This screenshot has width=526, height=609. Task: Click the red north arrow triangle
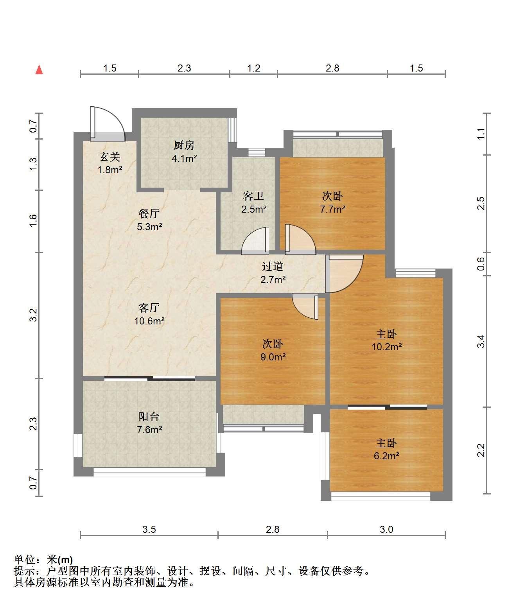pos(39,70)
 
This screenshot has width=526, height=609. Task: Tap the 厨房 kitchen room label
pos(184,145)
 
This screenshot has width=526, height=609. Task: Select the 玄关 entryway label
pos(110,157)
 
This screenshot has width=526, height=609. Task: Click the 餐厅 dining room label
pos(149,213)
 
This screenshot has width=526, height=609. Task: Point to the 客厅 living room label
pos(149,308)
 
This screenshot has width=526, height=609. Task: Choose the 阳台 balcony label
pos(149,416)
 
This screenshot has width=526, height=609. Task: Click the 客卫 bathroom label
pos(253,196)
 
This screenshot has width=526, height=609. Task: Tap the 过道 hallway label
pos(273,266)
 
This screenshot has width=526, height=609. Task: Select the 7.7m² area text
pos(332,209)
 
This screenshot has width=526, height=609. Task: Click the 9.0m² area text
pos(273,357)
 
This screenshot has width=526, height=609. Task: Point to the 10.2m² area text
pos(386,347)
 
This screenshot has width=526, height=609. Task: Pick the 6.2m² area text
pos(386,456)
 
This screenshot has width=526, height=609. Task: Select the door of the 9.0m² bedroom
pos(305,306)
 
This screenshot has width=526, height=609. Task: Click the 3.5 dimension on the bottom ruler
pos(149,529)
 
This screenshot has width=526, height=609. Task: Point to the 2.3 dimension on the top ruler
pos(184,68)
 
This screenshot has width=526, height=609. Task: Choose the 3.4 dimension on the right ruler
pos(481,341)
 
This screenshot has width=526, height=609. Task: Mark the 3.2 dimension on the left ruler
pos(33,315)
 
